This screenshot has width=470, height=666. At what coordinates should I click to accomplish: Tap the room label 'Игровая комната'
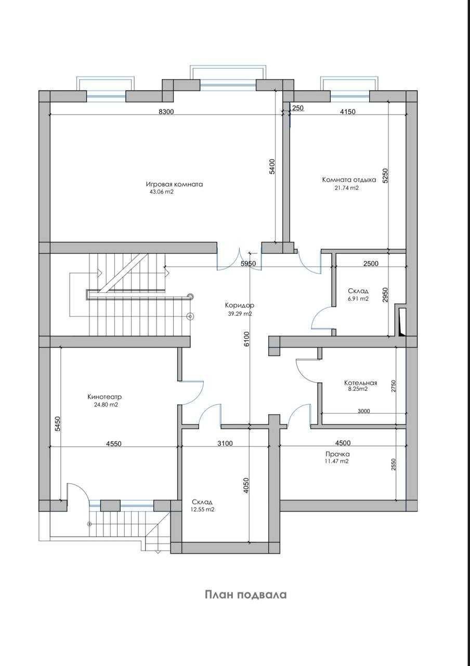[x=174, y=184]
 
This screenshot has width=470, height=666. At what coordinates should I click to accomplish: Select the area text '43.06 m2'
[x=162, y=192]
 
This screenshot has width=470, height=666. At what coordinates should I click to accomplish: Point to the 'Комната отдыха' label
[x=349, y=180]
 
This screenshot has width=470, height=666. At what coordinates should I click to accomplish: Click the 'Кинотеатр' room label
[x=105, y=397]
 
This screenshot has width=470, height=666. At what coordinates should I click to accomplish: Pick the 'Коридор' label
[x=240, y=305]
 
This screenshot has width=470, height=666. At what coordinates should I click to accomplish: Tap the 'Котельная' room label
[x=361, y=383]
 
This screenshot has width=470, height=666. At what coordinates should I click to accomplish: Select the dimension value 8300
[x=166, y=112]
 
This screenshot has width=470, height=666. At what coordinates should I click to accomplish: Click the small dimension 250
[x=298, y=108]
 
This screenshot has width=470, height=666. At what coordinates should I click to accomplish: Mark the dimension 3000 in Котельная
[x=363, y=411]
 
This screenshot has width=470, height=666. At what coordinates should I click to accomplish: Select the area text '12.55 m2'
[x=203, y=509]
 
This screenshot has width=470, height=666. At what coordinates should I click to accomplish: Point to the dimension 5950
[x=249, y=263]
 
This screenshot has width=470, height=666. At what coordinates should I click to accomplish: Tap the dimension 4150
[x=348, y=112]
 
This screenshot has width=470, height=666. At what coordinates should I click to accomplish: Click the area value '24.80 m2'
[x=106, y=405]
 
